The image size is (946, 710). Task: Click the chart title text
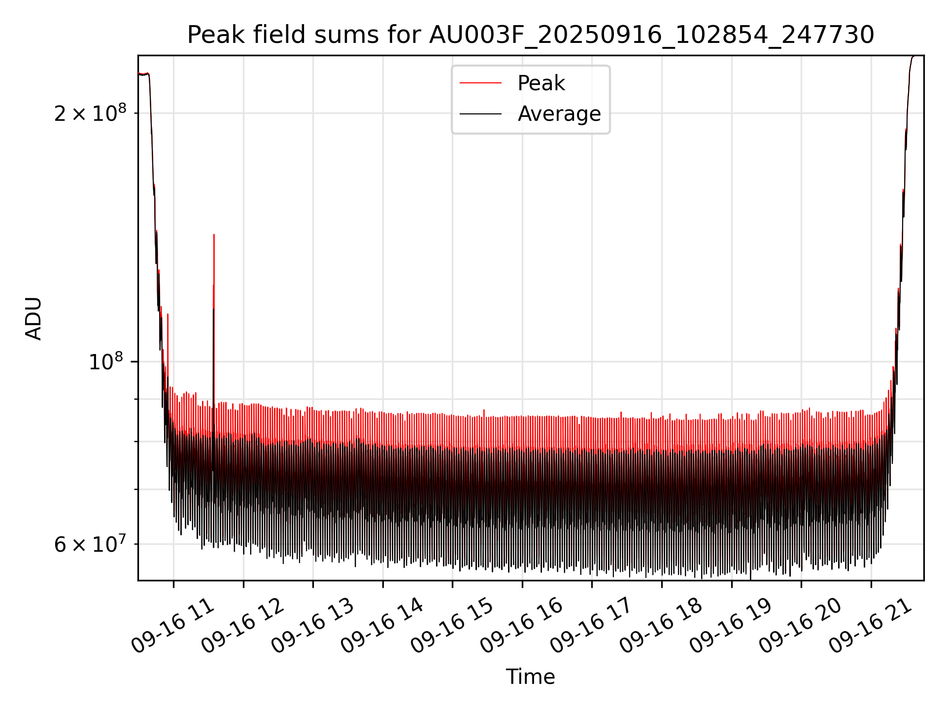531,35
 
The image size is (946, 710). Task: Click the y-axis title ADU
34,318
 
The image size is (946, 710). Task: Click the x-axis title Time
531,677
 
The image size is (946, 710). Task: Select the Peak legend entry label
541,83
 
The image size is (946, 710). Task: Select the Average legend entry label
559,114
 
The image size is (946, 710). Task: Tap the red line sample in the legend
480,83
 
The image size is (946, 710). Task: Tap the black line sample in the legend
480,114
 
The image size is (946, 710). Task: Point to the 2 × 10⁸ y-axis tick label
90,113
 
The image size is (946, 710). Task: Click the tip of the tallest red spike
214,235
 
